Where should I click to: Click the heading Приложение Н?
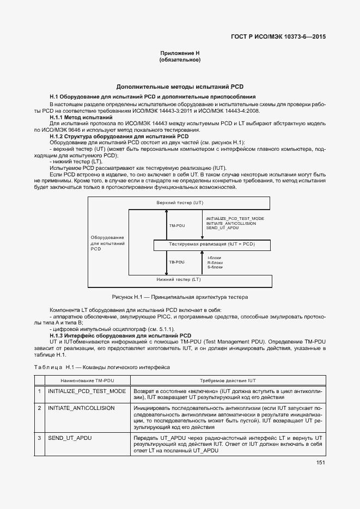(x=180, y=53)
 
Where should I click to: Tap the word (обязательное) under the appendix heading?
(x=180, y=60)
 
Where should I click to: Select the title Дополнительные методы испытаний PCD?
(x=180, y=87)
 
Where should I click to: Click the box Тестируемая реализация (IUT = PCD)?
(x=212, y=244)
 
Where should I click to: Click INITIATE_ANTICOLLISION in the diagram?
(x=231, y=223)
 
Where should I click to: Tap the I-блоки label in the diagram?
(x=215, y=257)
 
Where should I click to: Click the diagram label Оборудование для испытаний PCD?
(x=107, y=243)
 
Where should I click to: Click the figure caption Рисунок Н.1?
(x=180, y=297)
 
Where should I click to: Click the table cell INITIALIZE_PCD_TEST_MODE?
(x=87, y=391)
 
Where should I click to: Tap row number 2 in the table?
(x=39, y=407)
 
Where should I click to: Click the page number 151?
(x=320, y=463)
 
